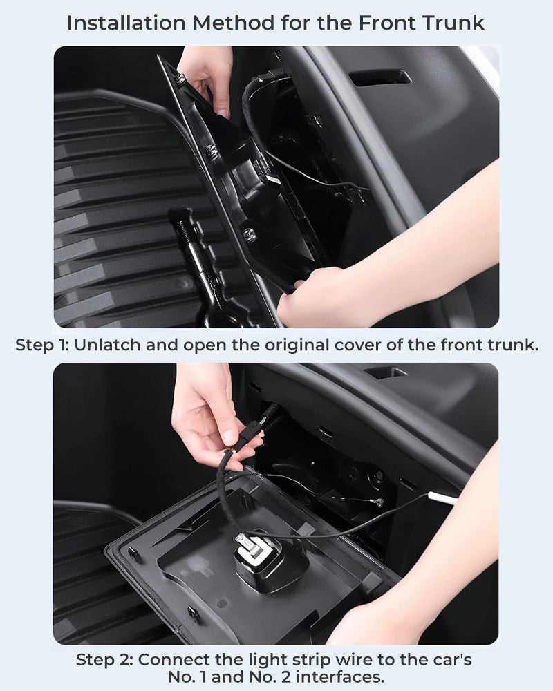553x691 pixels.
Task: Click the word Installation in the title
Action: click(126, 23)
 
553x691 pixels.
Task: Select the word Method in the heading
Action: click(234, 23)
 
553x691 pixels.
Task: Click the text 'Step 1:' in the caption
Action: click(42, 345)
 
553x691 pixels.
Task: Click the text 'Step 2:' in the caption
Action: click(105, 660)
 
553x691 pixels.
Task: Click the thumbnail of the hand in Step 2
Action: click(229, 436)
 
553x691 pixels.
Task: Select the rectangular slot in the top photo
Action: click(380, 77)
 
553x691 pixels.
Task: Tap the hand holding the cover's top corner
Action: click(208, 79)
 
